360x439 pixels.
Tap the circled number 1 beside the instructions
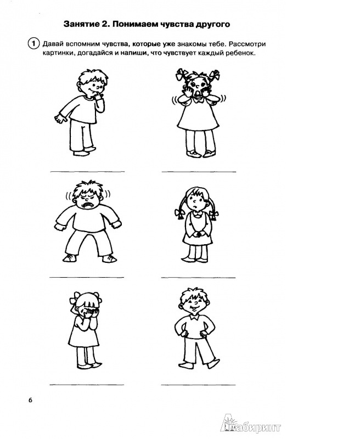(33, 44)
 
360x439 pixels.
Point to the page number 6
(30, 400)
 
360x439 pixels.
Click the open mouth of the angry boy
(88, 205)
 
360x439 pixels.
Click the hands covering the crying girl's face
(89, 313)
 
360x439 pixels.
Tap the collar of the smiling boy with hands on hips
(195, 317)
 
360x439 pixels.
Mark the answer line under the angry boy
(87, 277)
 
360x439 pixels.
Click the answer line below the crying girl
(87, 385)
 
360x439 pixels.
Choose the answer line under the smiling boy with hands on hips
(198, 385)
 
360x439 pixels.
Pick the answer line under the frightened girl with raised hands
(199, 171)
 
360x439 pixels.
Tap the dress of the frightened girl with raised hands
(198, 116)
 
